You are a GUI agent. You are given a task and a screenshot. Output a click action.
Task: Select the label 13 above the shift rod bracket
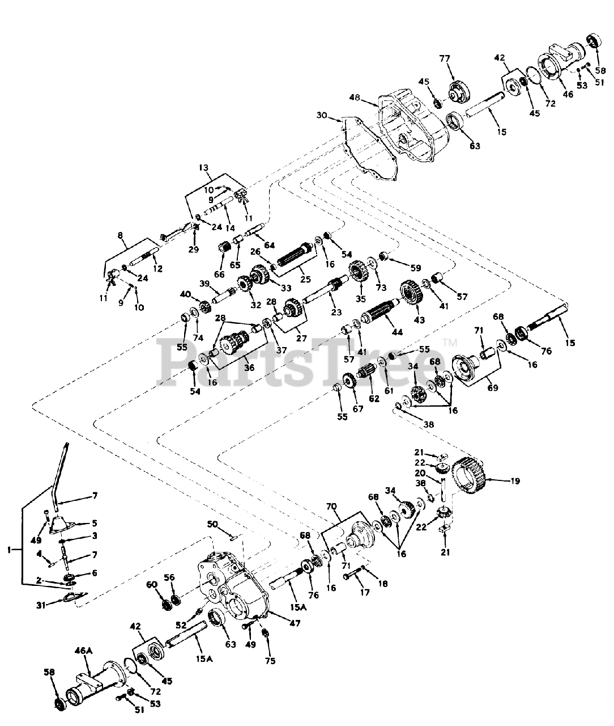[204, 168]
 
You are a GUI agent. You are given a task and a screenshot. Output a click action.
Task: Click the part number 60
[152, 585]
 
